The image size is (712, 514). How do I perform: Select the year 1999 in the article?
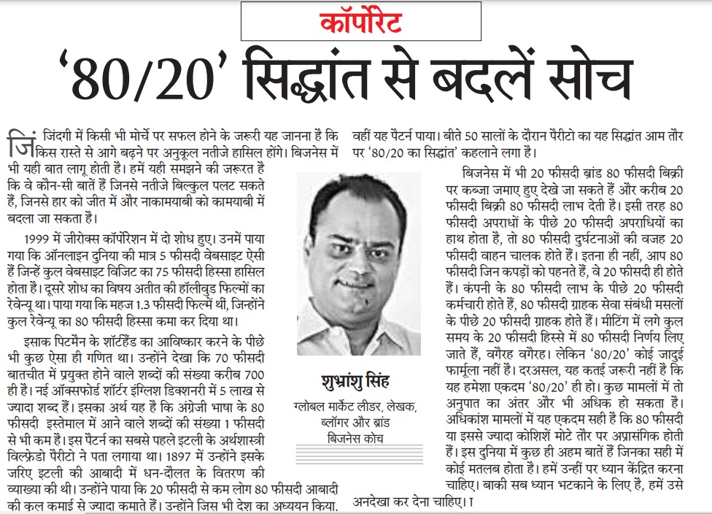[x=35, y=238]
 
